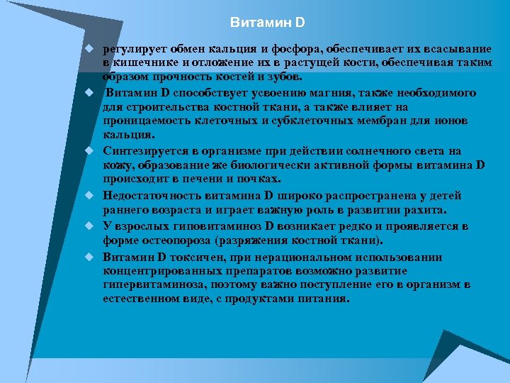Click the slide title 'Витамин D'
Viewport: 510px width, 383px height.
pos(268,23)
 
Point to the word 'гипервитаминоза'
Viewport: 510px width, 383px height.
pos(150,284)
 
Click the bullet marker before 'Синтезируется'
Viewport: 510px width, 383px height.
pos(91,151)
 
